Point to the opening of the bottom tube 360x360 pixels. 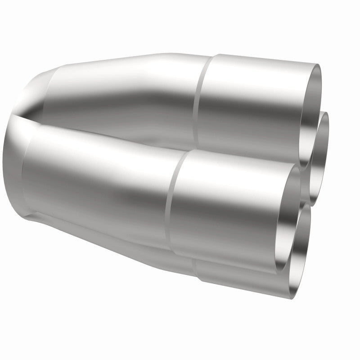(x=301, y=243)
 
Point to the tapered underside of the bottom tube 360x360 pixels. (x=135, y=252)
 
